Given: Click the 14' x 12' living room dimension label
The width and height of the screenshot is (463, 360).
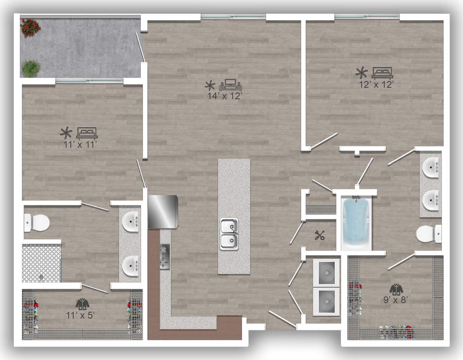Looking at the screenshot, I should (x=225, y=96).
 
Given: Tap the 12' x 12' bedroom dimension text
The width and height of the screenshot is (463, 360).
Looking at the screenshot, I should (x=376, y=85).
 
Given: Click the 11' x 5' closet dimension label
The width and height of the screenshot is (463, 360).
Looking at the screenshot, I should (x=80, y=315).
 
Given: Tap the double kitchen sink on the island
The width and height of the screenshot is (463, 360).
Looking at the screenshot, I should (x=229, y=234).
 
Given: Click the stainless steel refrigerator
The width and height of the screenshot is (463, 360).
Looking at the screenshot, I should (x=163, y=211).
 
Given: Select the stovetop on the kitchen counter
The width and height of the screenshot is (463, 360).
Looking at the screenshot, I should (x=165, y=257).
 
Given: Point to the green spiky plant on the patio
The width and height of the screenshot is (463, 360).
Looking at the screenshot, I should (x=31, y=68).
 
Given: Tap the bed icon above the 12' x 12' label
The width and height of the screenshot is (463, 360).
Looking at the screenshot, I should (x=382, y=73).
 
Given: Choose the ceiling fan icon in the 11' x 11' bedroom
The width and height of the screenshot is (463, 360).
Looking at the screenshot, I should (x=66, y=132).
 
